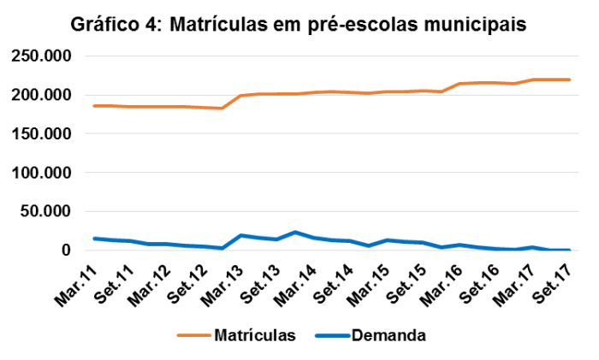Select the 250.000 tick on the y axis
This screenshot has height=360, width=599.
[x=40, y=56]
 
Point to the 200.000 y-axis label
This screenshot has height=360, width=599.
[x=40, y=95]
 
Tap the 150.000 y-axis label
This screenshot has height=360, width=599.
[x=40, y=134]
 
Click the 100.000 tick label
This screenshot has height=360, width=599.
[x=40, y=173]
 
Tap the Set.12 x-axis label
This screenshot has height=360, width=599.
[x=197, y=278]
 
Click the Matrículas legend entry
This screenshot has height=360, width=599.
[x=255, y=334]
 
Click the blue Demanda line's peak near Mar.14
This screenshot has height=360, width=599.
[x=295, y=232]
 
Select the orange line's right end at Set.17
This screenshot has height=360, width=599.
[x=569, y=80]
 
